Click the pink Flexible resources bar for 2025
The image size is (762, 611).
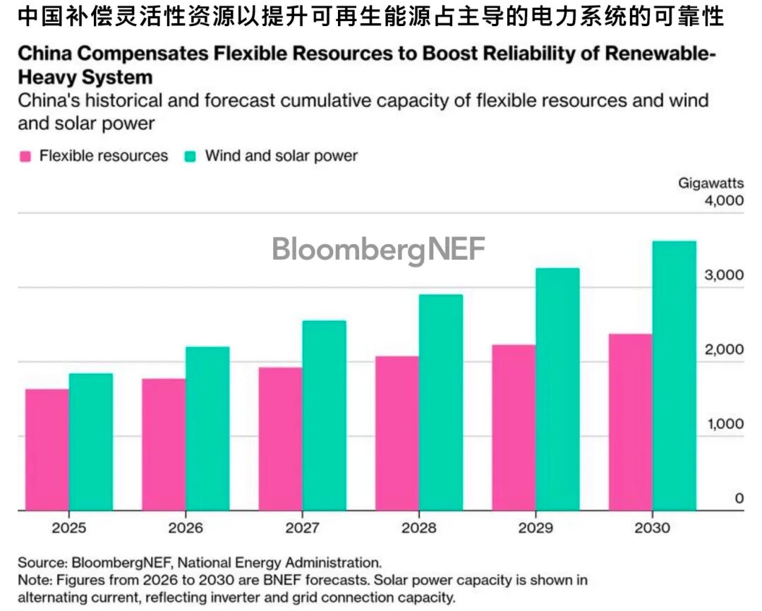pos(47,449)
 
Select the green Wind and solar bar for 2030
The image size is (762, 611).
pos(674,375)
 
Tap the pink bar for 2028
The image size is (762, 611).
pos(397,432)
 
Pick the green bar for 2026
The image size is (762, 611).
pos(207,428)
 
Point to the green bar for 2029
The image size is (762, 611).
pos(557,389)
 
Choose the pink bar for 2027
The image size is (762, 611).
pos(280,438)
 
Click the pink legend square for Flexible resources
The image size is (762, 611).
pos(25,156)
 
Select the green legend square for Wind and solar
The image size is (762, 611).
pos(190,156)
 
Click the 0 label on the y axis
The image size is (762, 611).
pos(739,499)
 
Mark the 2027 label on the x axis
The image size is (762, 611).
pos(303,528)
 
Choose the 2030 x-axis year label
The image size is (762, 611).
pos(652,528)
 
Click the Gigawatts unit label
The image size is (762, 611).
pos(710,183)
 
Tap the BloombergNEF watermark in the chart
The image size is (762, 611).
pos(379,250)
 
